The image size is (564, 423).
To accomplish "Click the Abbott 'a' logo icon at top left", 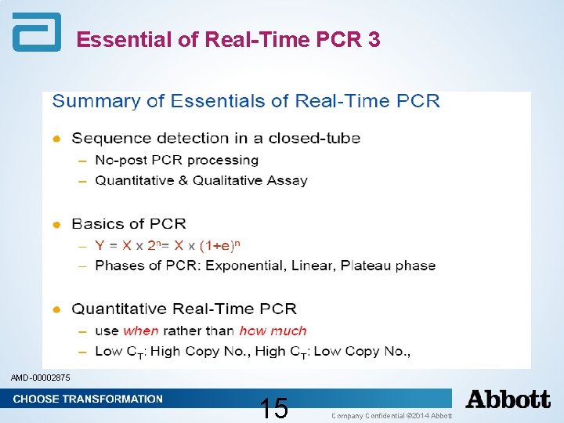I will click(35, 33).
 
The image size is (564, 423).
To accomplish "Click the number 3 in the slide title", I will click(372, 40).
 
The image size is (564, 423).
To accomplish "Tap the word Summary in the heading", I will click(85, 101).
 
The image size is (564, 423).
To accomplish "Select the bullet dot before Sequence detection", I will click(56, 139).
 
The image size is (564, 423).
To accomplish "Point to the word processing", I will click(223, 161).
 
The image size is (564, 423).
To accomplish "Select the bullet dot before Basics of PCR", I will click(56, 225).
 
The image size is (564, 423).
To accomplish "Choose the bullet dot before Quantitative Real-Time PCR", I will click(56, 309).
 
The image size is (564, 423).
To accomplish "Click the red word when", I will click(140, 331).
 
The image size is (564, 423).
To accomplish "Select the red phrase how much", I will click(273, 331).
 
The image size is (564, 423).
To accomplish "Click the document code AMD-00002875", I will click(40, 378).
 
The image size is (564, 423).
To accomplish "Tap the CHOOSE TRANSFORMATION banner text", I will click(88, 399).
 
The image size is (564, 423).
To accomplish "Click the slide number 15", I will click(274, 408).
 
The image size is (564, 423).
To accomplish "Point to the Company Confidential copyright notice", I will click(392, 414).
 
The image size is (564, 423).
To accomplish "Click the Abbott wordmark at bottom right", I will click(508, 399).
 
